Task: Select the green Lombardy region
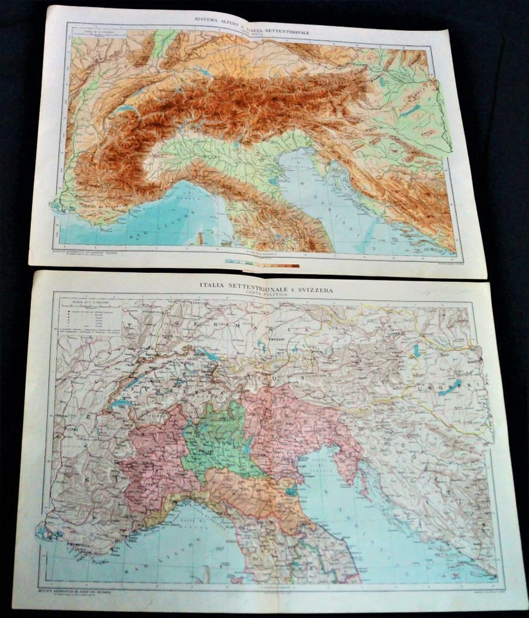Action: [x=218, y=441]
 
